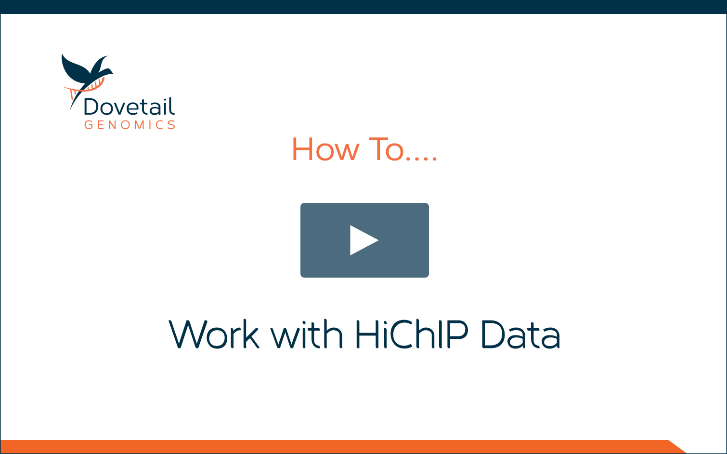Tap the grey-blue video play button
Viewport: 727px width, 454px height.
(364, 240)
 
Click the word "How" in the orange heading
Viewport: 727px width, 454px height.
(325, 149)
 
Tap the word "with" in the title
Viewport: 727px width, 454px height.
(307, 334)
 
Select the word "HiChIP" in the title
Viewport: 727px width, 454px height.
(412, 334)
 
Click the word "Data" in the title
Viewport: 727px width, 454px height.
(520, 334)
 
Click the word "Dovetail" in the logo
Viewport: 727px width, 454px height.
(130, 106)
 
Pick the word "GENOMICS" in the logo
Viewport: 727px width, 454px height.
(130, 125)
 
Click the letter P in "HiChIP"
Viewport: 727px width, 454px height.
(459, 334)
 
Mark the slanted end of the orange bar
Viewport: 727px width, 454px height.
(678, 447)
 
